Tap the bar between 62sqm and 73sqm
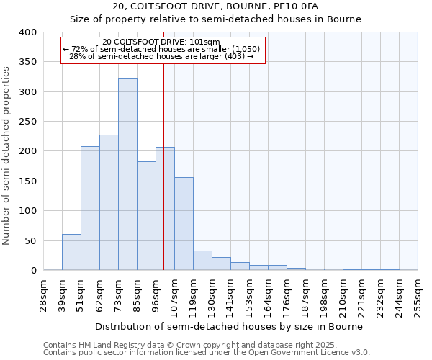point(109,202)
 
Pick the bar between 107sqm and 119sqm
point(184,223)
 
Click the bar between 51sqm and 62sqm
point(90,208)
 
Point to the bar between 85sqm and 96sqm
point(146,216)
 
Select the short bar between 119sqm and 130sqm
point(202,261)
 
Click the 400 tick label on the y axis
point(27,32)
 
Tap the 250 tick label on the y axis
point(27,122)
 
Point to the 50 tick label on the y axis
point(30,240)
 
